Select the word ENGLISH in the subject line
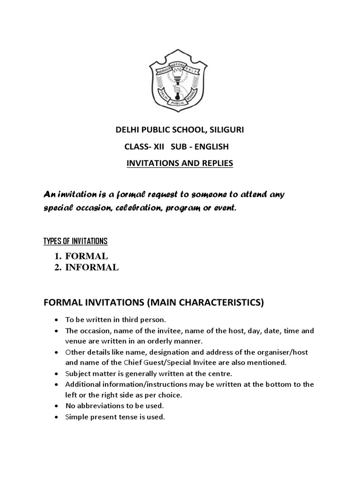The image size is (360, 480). point(212,147)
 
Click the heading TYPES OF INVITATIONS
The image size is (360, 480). point(75,241)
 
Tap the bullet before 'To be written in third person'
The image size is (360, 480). point(57,320)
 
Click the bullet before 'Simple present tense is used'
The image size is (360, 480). point(57,417)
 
